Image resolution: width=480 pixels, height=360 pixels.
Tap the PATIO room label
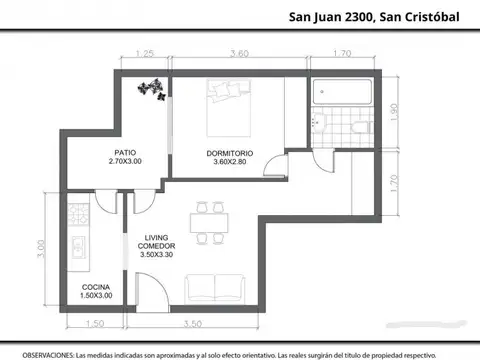[x=126, y=152]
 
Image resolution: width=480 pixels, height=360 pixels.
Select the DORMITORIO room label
[x=230, y=152]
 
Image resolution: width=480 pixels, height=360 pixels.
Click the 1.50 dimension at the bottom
[x=96, y=323]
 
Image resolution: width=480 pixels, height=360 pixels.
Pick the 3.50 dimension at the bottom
[x=193, y=323]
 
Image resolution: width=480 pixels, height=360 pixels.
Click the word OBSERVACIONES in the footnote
[x=46, y=354]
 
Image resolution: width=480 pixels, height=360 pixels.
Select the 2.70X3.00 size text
[x=126, y=161]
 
